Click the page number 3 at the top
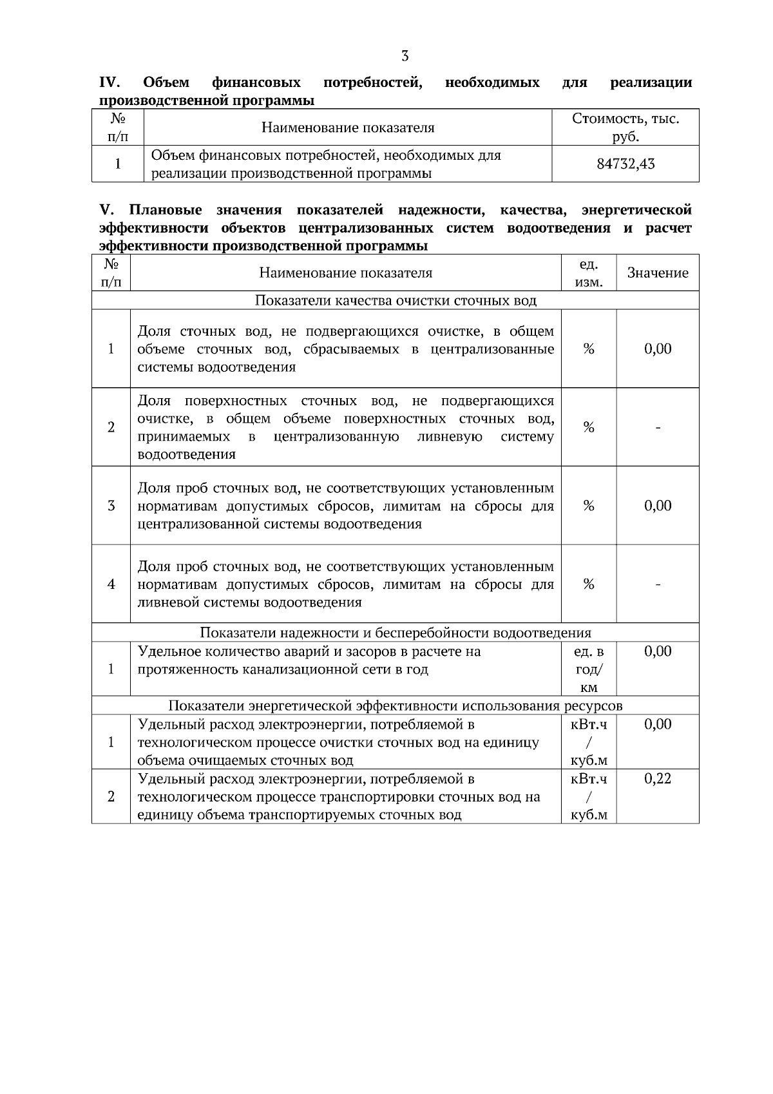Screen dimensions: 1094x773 click(405, 56)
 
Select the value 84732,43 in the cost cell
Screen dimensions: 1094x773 click(625, 164)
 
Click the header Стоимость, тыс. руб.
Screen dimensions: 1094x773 click(625, 128)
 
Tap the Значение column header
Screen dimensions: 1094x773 click(658, 273)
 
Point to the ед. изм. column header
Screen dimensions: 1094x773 click(589, 273)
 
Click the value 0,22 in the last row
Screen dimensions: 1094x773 click(658, 778)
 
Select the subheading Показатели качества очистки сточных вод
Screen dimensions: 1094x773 click(395, 300)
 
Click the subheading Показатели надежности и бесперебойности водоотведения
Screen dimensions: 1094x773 click(395, 633)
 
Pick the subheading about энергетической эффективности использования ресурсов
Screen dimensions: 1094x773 click(395, 705)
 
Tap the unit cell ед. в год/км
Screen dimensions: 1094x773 click(589, 669)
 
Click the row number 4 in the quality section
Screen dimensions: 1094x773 click(111, 584)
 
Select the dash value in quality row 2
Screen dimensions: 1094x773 click(658, 427)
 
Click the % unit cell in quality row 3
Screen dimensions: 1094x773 click(589, 506)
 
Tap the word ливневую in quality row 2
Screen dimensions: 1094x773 click(450, 437)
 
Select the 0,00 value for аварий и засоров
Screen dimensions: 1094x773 click(658, 651)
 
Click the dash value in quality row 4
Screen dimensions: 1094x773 click(658, 584)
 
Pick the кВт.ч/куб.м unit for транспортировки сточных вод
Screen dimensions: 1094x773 click(589, 796)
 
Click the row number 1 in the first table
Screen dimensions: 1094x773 click(118, 164)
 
